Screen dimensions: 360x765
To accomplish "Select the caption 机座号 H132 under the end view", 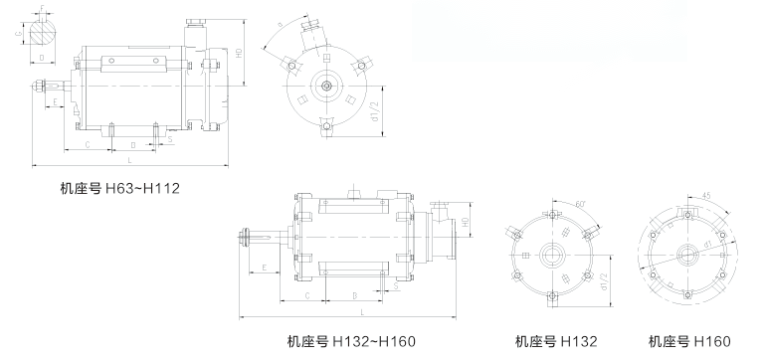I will (x=556, y=341).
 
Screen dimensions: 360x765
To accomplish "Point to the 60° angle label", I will (x=576, y=205).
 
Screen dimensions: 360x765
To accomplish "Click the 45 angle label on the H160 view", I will (x=707, y=195).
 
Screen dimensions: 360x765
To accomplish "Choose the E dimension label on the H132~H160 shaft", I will (x=265, y=267).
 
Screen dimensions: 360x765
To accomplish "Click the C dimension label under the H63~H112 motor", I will (x=87, y=144).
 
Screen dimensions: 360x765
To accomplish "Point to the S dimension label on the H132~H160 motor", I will (x=396, y=287).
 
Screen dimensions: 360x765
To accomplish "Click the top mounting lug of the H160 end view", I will (x=688, y=215).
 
